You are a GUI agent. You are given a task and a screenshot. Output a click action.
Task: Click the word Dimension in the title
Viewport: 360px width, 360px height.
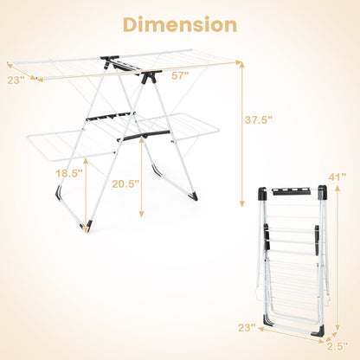(179, 24)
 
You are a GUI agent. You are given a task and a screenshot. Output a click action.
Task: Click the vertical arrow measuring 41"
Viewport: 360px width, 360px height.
(336, 260)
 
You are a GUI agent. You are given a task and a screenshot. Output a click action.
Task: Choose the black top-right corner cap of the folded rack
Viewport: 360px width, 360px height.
(322, 193)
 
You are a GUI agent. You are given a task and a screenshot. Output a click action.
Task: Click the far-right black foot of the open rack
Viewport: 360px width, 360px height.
(194, 196)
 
